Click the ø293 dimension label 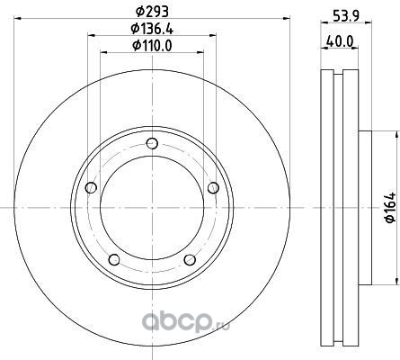152,12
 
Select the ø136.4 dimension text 152,29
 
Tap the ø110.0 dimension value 152,46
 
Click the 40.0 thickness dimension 340,40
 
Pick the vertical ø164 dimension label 390,208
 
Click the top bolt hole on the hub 153,143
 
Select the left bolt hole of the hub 91,188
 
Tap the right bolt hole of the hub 213,188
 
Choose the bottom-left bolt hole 114,259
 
